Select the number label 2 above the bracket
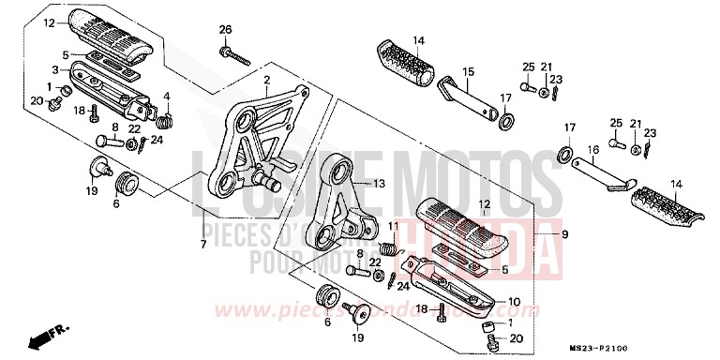point(267,81)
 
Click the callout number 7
point(204,246)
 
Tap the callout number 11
point(395,226)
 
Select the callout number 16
point(592,149)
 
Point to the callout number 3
point(55,70)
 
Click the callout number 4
point(167,96)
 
